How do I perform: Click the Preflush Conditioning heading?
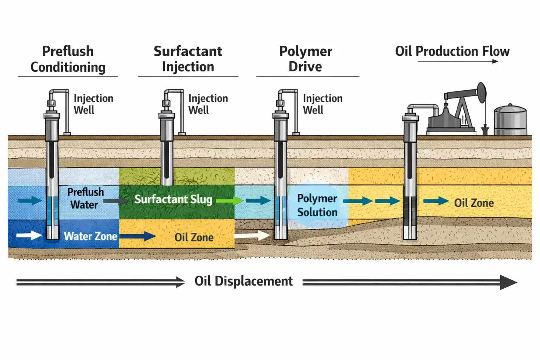coord(68,59)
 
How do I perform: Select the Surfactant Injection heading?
coord(188,59)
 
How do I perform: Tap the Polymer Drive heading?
coord(306,59)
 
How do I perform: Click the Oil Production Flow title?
coord(452,51)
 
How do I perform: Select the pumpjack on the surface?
coord(457,109)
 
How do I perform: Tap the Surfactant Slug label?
coord(173,199)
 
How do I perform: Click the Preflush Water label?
coord(85,198)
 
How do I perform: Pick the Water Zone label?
coord(90,236)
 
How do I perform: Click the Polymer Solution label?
coord(317,205)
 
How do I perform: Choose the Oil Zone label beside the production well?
coord(474,203)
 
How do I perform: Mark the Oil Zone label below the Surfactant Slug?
coord(194,237)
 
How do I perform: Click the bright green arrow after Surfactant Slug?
coord(229,201)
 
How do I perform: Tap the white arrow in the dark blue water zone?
coord(29,235)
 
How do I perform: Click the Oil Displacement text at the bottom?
coord(244,281)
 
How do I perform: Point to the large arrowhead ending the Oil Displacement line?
coord(508,282)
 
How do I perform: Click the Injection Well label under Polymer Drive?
coord(322,104)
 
